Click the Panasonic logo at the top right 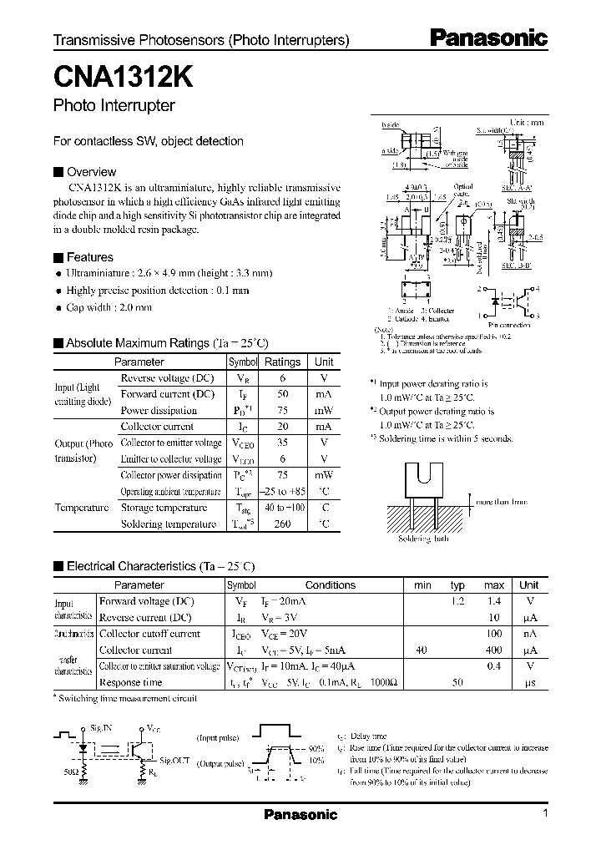[x=488, y=38]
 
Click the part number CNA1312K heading [x=124, y=78]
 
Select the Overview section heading [x=91, y=172]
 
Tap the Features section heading [x=89, y=257]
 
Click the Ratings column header [x=282, y=362]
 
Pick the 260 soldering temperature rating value [x=282, y=524]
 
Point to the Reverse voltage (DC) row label [x=167, y=377]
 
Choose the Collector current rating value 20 [x=282, y=427]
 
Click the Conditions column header [x=330, y=585]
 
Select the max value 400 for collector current [x=494, y=650]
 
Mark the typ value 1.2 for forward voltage [x=457, y=601]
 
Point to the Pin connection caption [x=507, y=325]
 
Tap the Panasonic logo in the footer [x=300, y=815]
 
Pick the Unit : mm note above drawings [x=527, y=122]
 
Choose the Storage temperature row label [x=164, y=508]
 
